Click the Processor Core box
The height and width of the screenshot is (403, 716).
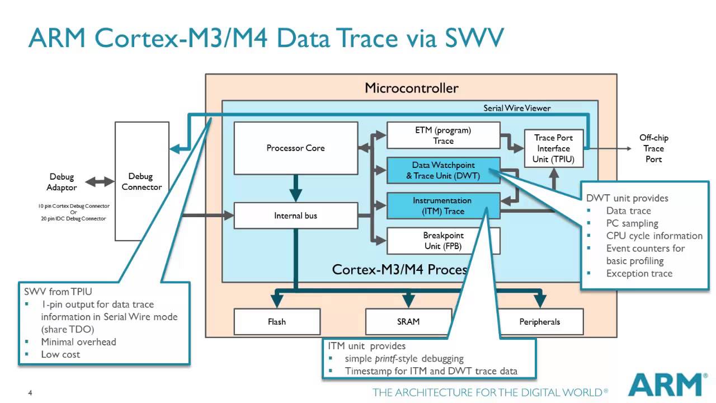click(295, 148)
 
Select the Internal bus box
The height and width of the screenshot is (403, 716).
click(295, 215)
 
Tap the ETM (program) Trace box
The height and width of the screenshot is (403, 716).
click(443, 135)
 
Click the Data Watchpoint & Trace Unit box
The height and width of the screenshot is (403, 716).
click(443, 170)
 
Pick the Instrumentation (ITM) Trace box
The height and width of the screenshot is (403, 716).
click(443, 205)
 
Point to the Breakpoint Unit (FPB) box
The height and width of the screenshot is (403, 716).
click(443, 241)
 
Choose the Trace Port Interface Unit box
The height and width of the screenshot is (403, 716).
click(553, 148)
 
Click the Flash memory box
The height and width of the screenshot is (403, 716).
click(276, 322)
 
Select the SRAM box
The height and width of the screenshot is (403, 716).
click(408, 322)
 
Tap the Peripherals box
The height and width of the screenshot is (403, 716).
click(539, 322)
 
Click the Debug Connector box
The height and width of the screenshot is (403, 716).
click(142, 181)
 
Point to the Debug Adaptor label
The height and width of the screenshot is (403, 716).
click(62, 182)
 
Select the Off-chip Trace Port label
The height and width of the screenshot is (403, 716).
click(653, 148)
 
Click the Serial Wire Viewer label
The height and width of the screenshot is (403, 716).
click(517, 108)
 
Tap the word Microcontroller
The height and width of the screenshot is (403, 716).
click(411, 88)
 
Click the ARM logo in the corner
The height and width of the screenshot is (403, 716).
click(665, 385)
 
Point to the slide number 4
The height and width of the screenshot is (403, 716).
click(30, 393)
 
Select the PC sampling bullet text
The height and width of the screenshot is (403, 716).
click(632, 223)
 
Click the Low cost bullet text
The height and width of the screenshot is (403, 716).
click(60, 354)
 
